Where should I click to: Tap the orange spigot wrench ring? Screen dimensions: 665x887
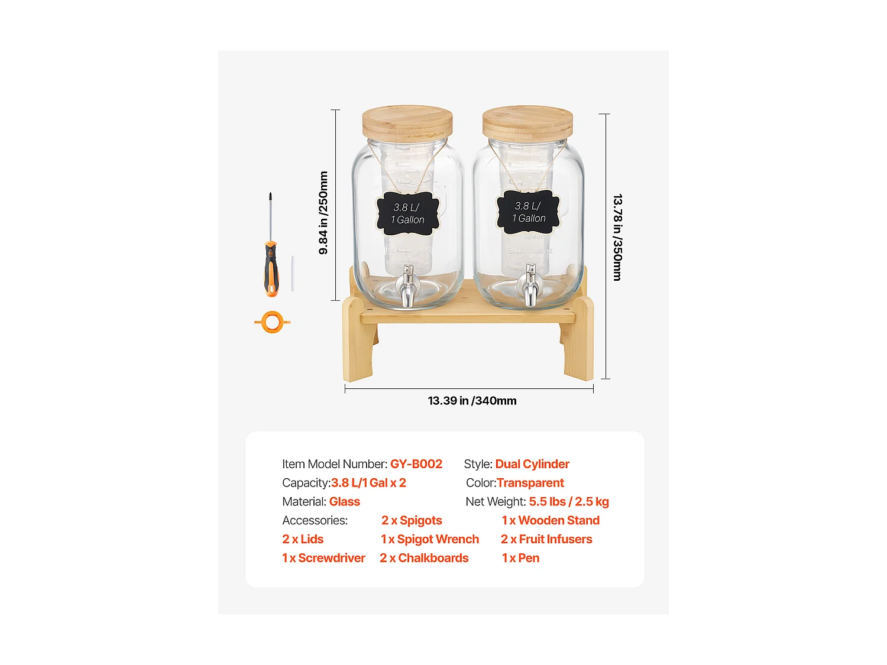[272, 322]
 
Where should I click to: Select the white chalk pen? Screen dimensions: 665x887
[292, 273]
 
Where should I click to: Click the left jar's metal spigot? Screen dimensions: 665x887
[408, 287]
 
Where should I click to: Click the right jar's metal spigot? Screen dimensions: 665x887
[530, 286]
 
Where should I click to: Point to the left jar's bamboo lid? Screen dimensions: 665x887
[407, 123]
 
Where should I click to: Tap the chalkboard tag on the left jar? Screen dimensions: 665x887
[408, 213]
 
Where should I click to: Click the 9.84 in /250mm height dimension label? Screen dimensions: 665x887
[323, 213]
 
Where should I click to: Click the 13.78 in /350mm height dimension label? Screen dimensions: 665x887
[617, 237]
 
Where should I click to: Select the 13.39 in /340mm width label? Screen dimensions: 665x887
[472, 401]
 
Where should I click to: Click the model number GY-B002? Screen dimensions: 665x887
[416, 464]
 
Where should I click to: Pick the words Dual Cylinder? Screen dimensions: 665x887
[532, 464]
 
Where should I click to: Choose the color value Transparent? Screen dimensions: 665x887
[530, 483]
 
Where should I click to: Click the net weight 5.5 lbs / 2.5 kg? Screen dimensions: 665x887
[568, 502]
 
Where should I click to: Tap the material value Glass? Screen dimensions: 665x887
[344, 502]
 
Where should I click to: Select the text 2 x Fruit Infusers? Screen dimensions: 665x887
[546, 539]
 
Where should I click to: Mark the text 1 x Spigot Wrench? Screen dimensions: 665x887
[430, 539]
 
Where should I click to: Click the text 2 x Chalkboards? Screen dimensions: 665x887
[424, 558]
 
